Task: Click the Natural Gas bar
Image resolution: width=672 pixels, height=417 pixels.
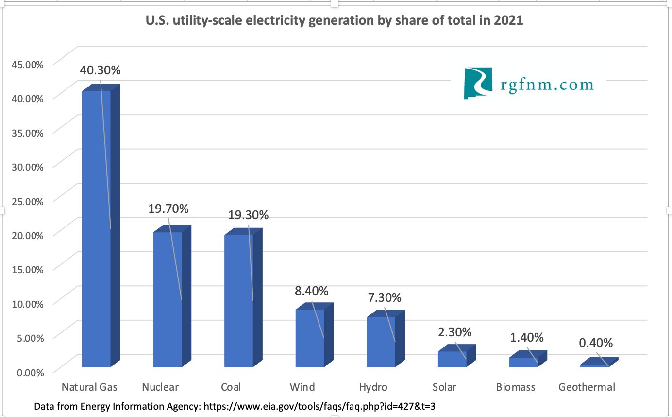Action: pos(96,228)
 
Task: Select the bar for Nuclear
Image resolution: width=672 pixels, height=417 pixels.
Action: pos(168,299)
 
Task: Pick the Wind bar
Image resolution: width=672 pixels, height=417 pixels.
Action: pos(310,338)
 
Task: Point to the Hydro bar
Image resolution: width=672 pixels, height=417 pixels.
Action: pos(381,342)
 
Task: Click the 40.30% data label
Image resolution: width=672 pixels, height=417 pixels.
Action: pos(100,70)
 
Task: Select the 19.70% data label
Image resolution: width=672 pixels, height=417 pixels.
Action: pos(168,209)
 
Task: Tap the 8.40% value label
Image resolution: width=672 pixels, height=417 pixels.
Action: pos(311,291)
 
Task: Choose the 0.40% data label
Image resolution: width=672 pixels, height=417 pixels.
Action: pos(596,343)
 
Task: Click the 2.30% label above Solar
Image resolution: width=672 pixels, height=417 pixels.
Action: pos(454,332)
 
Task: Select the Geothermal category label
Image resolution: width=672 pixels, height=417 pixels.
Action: pos(587,387)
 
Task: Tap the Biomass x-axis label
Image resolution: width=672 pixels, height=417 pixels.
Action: pos(516,387)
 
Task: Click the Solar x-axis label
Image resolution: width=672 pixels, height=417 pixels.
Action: pos(444,387)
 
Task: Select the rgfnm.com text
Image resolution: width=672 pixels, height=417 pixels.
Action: pos(547,85)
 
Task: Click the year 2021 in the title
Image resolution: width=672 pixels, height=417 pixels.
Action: pos(508,21)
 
